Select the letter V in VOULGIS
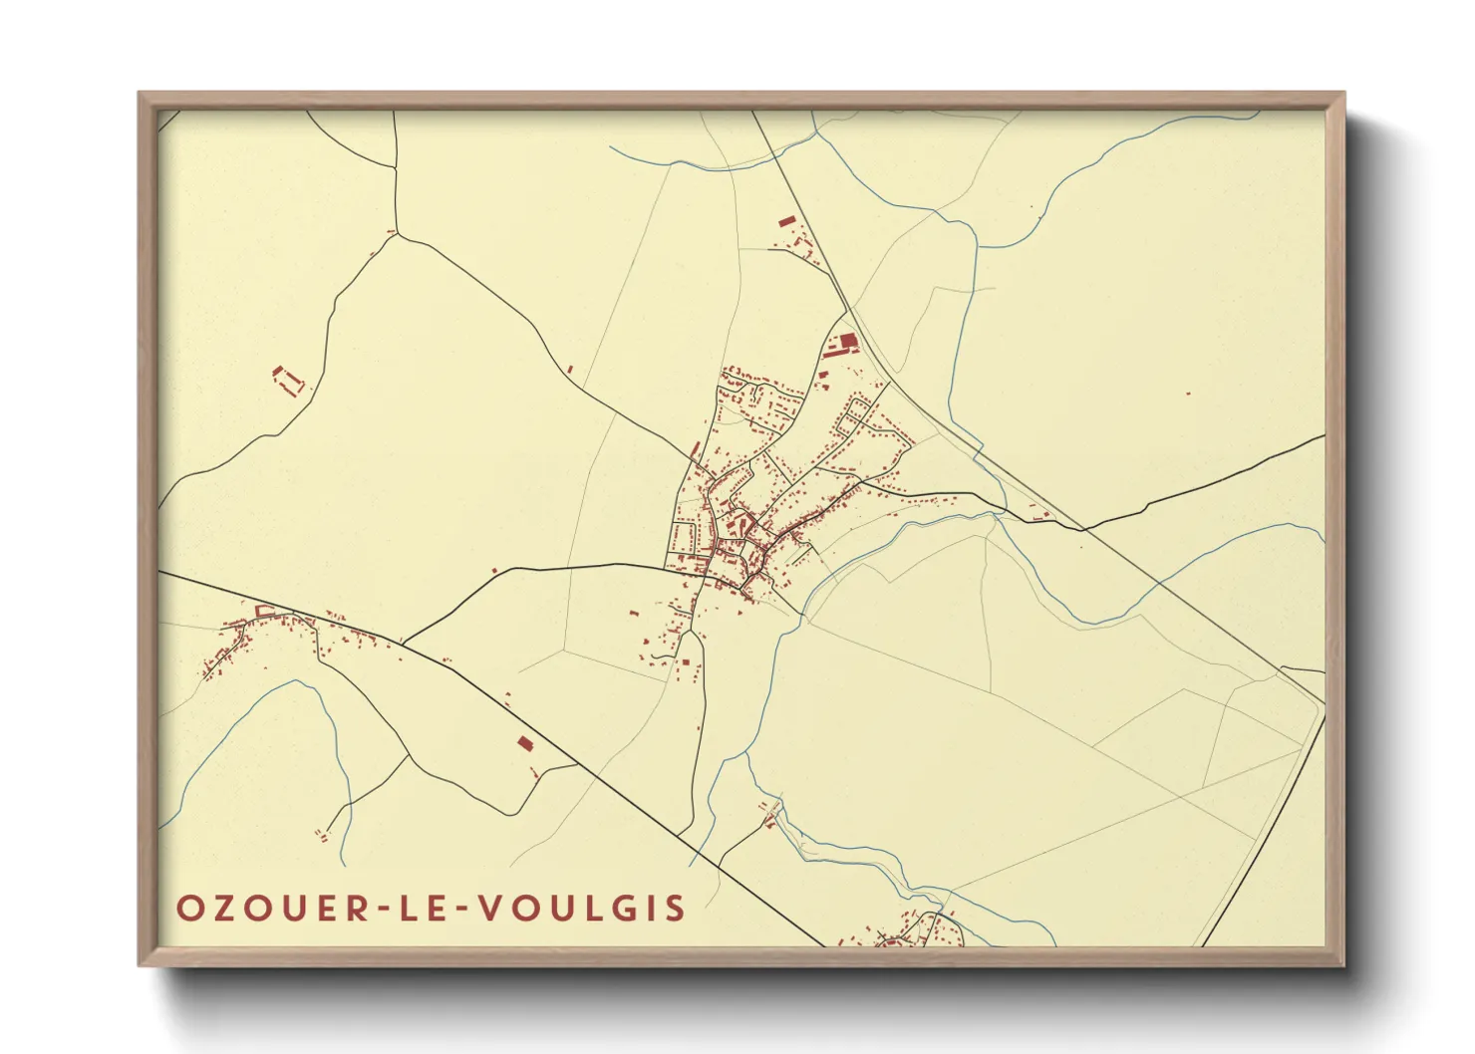coord(488,909)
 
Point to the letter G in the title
coord(629,909)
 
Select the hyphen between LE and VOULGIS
coord(462,910)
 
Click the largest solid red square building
coord(847,344)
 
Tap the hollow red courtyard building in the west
coord(287,379)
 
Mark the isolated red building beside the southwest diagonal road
coord(524,742)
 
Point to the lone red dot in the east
coord(1188,394)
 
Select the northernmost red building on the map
coord(786,220)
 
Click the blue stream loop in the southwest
coord(299,687)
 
